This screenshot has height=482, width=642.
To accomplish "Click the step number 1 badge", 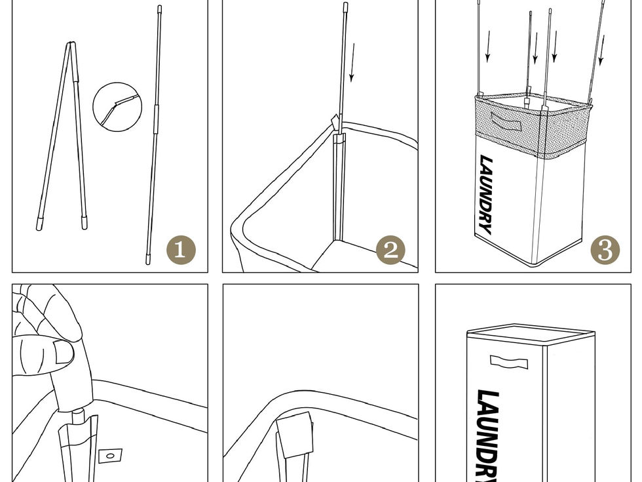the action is pos(181,250).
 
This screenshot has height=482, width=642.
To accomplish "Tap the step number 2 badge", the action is pos(390,250).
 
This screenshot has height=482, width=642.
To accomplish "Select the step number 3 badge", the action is pos(605,250).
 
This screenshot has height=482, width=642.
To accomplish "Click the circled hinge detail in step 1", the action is pos(117,107).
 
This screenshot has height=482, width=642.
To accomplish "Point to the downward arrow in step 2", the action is pos(352,62).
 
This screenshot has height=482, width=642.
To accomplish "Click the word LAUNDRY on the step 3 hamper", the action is pos(486,195).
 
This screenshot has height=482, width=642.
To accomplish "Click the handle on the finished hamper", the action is pos(509,362).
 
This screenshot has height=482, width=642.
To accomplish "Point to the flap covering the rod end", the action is pos(294,434).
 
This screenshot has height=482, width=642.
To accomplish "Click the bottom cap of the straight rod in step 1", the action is pos(148,260).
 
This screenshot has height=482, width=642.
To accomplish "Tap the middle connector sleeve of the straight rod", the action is pos(155,118).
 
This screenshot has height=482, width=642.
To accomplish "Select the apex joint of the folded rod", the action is pos(71,44).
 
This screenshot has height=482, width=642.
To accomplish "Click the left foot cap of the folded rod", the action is pos(39,224).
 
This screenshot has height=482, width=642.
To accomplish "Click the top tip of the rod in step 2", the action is pos(346,6).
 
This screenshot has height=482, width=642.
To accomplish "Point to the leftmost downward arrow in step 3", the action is pos(487,46).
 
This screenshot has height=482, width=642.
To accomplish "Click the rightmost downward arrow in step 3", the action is pos(601,50).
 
